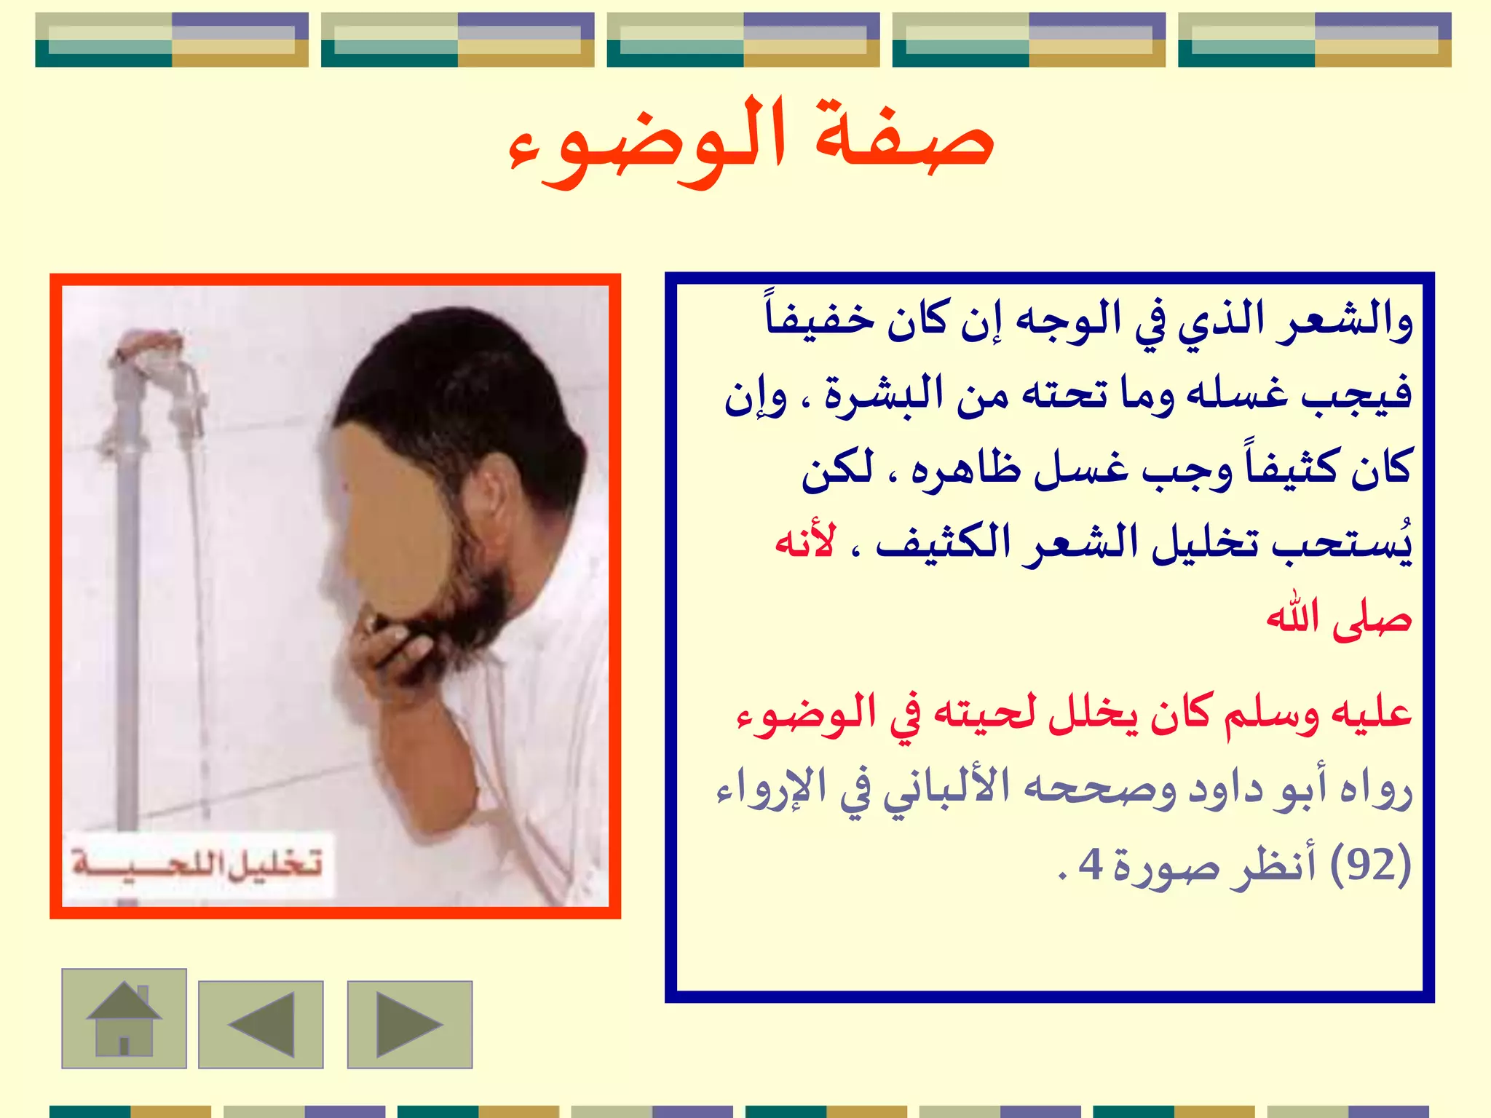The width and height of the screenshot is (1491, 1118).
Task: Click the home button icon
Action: [124, 1018]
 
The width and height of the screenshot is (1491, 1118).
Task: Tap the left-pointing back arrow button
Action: [261, 1024]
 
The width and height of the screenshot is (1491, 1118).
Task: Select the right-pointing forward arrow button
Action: [410, 1024]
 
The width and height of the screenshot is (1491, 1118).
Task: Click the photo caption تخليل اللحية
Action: [198, 864]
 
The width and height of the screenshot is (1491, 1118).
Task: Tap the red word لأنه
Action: [805, 542]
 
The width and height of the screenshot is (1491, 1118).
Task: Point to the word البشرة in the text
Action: [884, 395]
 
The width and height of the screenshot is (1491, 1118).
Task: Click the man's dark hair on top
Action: [451, 364]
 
